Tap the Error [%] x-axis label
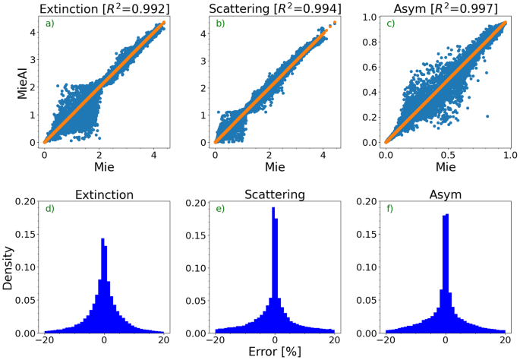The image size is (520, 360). (274, 352)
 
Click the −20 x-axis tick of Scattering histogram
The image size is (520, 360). (216, 341)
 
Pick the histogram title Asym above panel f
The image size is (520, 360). (445, 194)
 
